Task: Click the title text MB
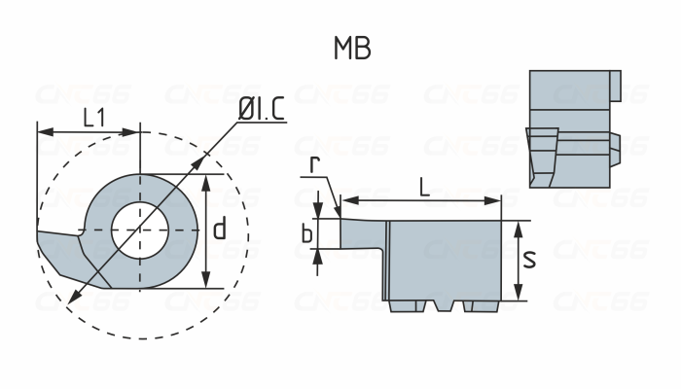(x=351, y=49)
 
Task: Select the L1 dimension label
(x=94, y=119)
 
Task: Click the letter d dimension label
(x=220, y=230)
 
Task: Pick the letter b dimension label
(x=306, y=233)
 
